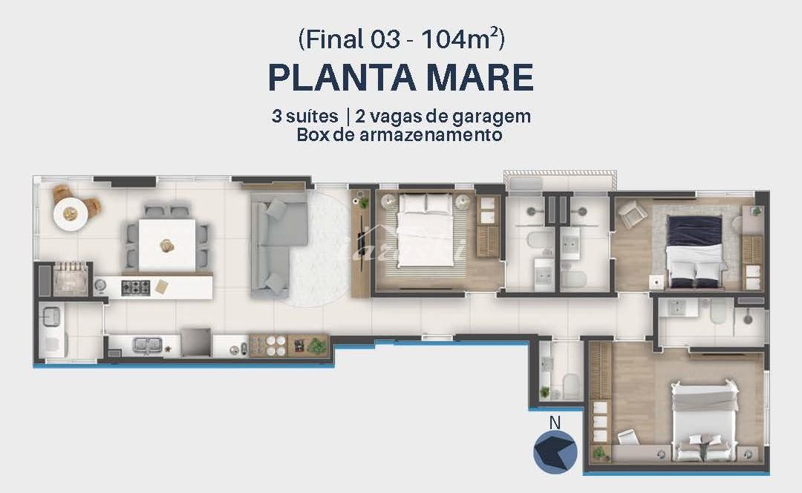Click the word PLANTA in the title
coord(342,78)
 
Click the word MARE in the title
coord(480,78)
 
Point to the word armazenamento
coord(431,135)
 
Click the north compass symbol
coord(555,451)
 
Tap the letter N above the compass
coord(555,422)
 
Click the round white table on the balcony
coord(71,214)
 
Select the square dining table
coord(167,245)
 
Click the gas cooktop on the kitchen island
coord(136,288)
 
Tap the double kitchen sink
coord(147,345)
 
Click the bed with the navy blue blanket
coord(695,252)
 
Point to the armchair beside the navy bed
coord(631,213)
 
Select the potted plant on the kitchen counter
coord(317,347)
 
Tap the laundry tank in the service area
coord(52,316)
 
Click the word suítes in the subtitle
coord(311,117)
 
